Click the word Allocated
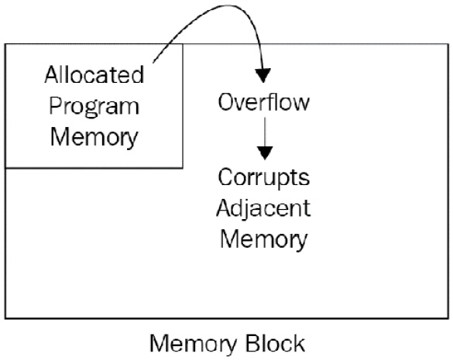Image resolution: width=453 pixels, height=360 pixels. pos(94,74)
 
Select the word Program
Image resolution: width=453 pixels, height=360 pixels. pos(94,107)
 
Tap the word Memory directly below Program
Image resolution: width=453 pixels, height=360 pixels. pos(94,138)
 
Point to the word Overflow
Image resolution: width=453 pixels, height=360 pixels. pos(264,102)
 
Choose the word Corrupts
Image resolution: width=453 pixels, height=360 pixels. pos(264,179)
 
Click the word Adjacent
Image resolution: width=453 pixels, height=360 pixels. pos(263,208)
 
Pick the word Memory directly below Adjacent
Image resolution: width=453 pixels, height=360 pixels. pos(264,240)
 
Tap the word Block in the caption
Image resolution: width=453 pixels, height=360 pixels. pos(276,343)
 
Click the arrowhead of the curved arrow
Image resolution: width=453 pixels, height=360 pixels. pos(263,75)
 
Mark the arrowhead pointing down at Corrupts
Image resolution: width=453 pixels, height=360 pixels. pos(265,153)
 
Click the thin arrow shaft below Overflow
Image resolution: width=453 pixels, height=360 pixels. pos(265,132)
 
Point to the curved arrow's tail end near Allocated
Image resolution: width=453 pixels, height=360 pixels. pos(153,62)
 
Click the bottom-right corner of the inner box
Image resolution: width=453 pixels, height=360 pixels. pos(183,167)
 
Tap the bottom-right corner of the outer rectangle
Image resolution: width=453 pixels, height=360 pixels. pos(448,318)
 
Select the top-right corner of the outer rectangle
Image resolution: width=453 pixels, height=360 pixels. pos(448,44)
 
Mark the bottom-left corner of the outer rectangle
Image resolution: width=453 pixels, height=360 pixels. pos(5,318)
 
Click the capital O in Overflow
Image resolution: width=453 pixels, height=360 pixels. pos(225,102)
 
